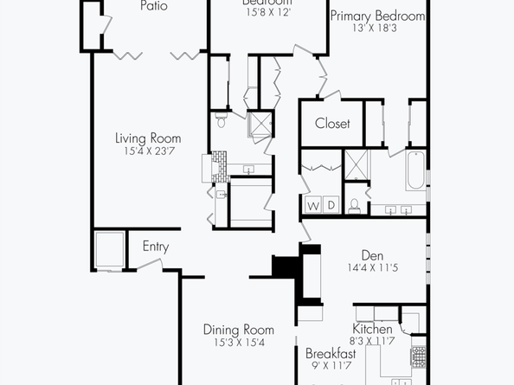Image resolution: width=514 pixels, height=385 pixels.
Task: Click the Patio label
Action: coord(153,6)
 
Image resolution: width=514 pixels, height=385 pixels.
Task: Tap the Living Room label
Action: coord(149,138)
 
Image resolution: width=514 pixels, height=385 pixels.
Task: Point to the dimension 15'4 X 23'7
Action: coord(149,152)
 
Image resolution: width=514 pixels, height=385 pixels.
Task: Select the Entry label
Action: coord(155,247)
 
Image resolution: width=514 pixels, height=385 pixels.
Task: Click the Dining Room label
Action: coord(238,330)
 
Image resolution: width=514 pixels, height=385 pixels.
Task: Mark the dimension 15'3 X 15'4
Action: coord(238,343)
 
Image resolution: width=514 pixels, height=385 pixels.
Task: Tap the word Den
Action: coord(372,255)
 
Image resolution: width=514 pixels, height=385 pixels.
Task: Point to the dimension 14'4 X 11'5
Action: coord(373,269)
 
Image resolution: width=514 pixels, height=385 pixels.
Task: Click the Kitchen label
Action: coord(373,330)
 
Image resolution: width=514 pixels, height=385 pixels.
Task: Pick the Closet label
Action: coord(332,124)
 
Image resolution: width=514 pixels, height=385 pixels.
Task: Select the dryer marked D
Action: coord(330,205)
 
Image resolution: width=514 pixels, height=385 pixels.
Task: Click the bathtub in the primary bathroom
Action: coord(416,170)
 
